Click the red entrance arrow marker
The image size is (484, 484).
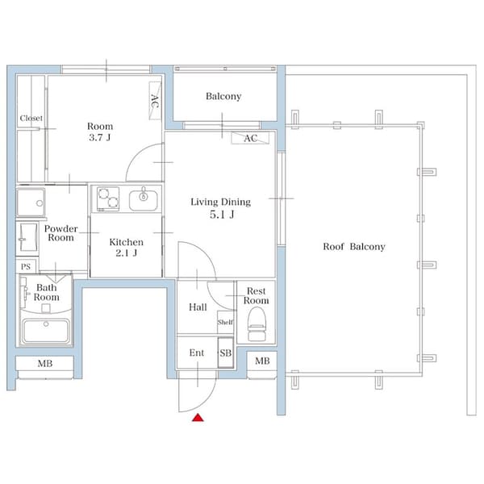pos(196,417)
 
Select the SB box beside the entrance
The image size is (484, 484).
pos(225,353)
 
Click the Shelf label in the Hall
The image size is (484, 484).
pos(225,323)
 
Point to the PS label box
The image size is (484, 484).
pos(25,266)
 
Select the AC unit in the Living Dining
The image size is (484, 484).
pos(250,138)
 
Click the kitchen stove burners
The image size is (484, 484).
pos(107,197)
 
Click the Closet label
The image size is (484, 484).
pos(31,119)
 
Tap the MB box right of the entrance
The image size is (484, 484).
pos(261,360)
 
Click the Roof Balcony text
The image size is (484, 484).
pos(354,247)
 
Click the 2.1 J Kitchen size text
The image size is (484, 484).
pos(126,253)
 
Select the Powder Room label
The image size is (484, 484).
pos(60,233)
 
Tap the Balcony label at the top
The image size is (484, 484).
pos(223,97)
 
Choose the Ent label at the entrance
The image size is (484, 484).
pos(196,353)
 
